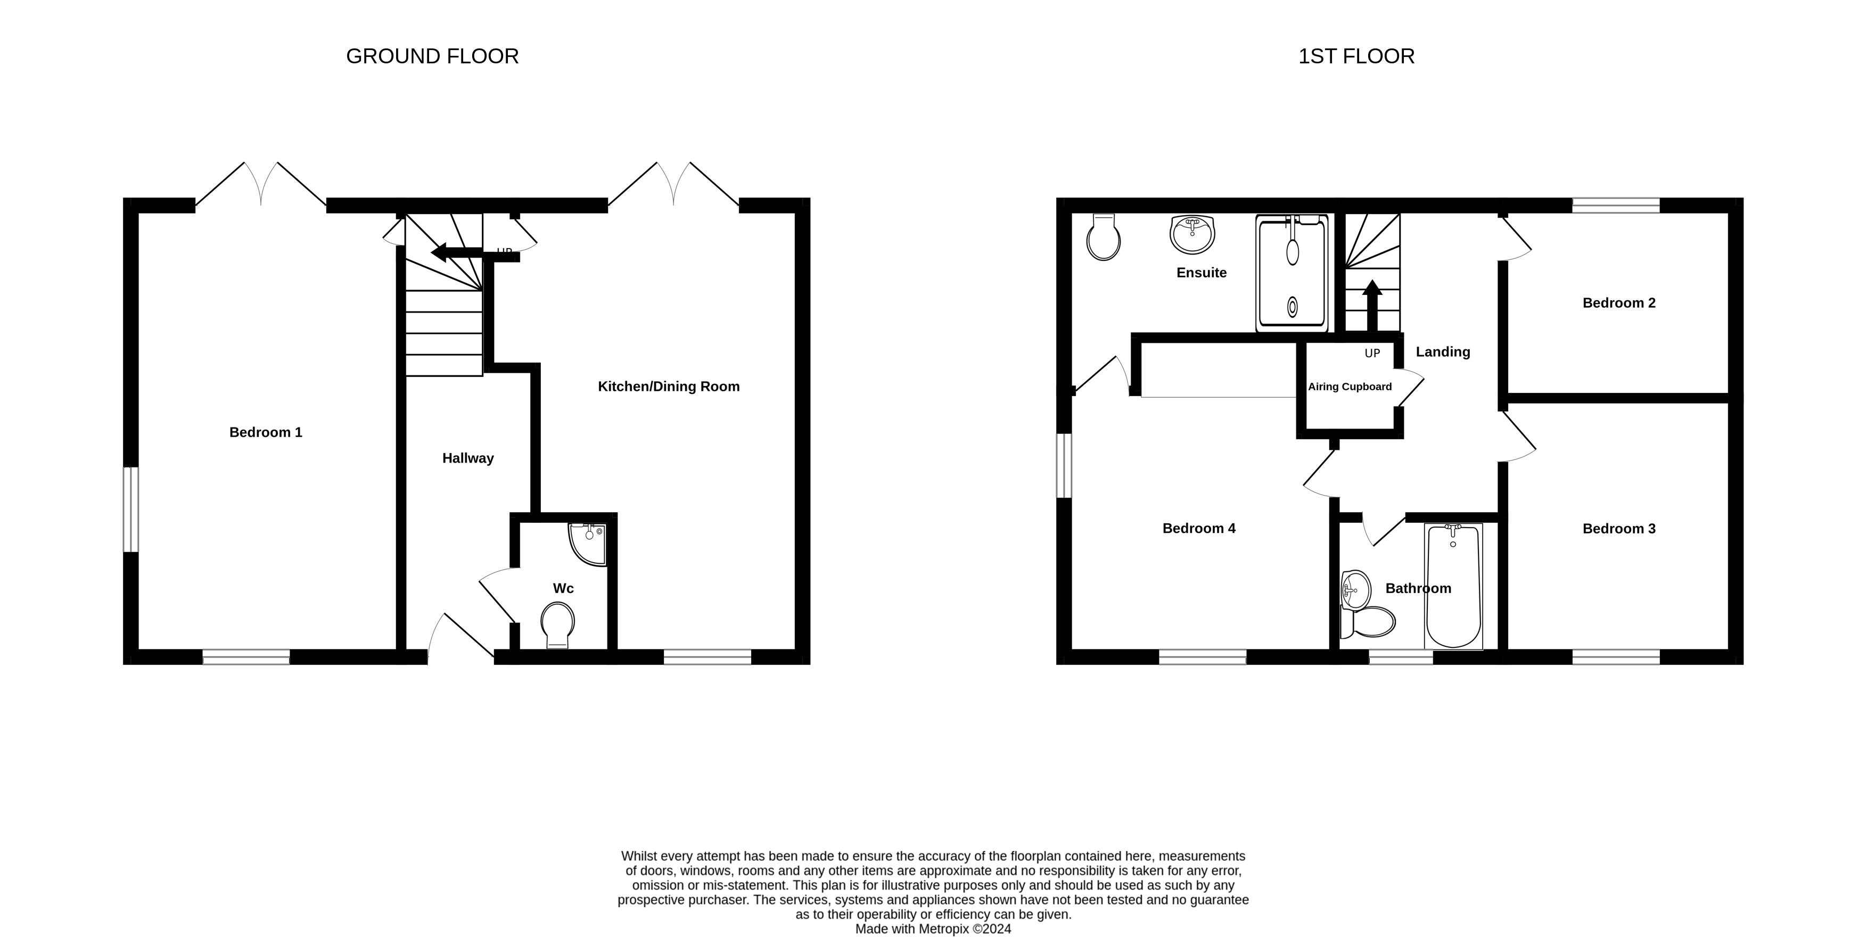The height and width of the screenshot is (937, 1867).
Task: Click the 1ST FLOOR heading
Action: click(x=1356, y=56)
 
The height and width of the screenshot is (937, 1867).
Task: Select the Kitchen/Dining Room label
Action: click(x=668, y=387)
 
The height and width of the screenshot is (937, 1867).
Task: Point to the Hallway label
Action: click(x=467, y=458)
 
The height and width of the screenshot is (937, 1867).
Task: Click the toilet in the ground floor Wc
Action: click(x=557, y=624)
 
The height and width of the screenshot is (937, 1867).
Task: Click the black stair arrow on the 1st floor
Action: click(x=1371, y=305)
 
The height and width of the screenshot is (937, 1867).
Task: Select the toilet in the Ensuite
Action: click(x=1103, y=236)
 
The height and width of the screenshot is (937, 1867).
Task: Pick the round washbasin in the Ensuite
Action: click(x=1191, y=234)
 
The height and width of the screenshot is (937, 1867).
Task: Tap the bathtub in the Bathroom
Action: click(x=1453, y=586)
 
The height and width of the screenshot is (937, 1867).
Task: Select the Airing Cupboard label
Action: click(x=1350, y=387)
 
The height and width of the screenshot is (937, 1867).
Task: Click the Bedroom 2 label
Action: click(x=1618, y=303)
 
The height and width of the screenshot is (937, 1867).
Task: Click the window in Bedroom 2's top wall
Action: click(x=1616, y=205)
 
